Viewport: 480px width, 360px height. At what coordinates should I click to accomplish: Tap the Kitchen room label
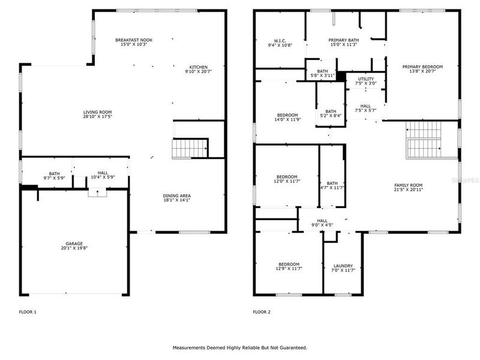(x=199, y=67)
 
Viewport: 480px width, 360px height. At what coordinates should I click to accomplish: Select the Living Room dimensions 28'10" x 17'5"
(x=97, y=116)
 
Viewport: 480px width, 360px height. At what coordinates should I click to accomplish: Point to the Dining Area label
(x=176, y=196)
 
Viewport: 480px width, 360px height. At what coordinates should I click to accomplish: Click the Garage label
(x=74, y=244)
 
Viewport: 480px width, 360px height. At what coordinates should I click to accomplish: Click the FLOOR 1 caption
(x=28, y=312)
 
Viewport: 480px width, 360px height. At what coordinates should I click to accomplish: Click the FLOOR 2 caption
(x=262, y=312)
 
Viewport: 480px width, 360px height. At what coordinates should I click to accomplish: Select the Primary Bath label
(x=343, y=40)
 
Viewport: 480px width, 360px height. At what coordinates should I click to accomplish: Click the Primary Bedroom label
(x=422, y=67)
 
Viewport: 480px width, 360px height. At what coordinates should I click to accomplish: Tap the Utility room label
(x=365, y=79)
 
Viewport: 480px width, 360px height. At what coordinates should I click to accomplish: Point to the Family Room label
(x=409, y=185)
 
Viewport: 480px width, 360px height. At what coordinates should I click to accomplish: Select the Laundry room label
(x=343, y=266)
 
